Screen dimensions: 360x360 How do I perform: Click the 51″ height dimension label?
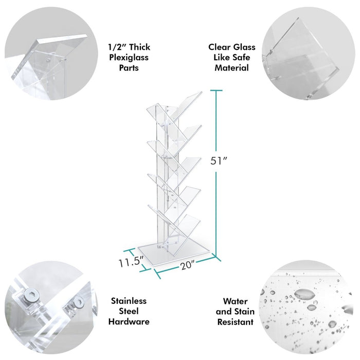click(219, 160)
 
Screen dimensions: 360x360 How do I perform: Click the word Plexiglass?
click(129, 57)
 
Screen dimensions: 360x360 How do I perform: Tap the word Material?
click(231, 67)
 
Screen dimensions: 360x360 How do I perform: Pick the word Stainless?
click(129, 301)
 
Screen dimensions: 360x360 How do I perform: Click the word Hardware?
click(129, 321)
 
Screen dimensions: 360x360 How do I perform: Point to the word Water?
click(235, 301)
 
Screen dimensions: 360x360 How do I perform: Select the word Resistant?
click(235, 322)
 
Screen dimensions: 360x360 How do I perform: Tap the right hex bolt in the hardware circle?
click(78, 303)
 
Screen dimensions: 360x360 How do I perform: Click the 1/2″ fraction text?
click(115, 47)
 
